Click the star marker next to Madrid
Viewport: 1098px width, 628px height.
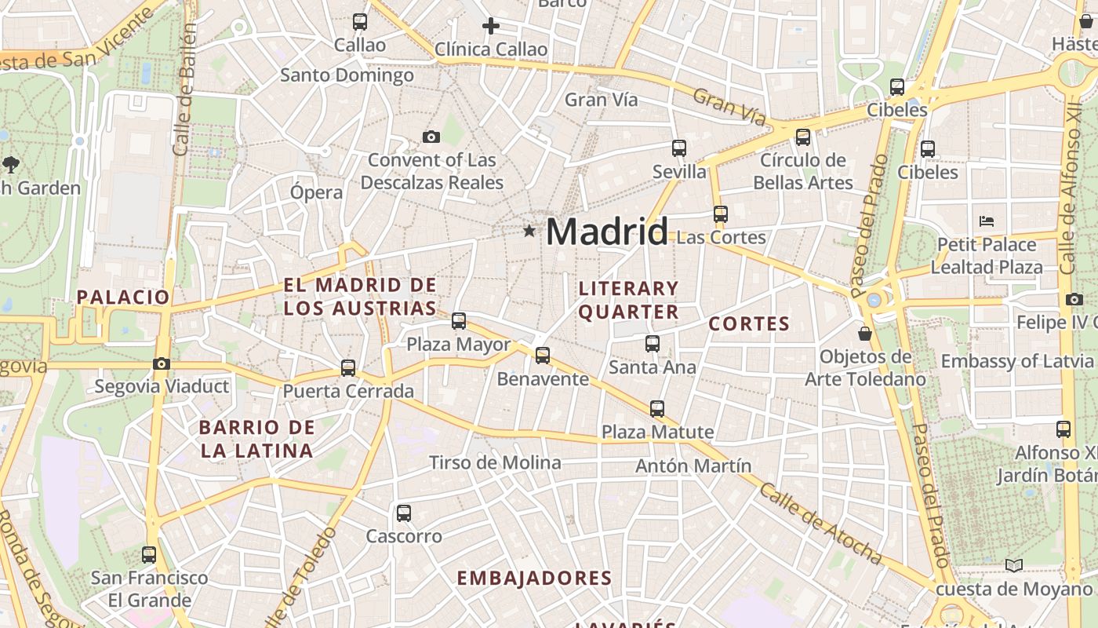pyautogui.click(x=529, y=231)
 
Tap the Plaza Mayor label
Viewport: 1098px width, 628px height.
pyautogui.click(x=458, y=345)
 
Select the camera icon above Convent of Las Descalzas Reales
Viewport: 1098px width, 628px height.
pyautogui.click(x=431, y=137)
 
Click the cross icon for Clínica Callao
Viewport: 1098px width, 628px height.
pyautogui.click(x=491, y=26)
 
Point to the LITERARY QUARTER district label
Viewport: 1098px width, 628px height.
pyautogui.click(x=628, y=300)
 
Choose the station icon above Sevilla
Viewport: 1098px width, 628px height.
pyautogui.click(x=679, y=148)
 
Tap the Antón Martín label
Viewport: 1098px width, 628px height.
pyautogui.click(x=693, y=466)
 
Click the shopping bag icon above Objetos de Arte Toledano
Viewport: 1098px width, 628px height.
pyautogui.click(x=865, y=334)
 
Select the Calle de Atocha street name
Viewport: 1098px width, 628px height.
pyautogui.click(x=820, y=524)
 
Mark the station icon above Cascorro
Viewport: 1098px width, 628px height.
pyautogui.click(x=404, y=513)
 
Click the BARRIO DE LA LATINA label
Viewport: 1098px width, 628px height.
pyautogui.click(x=256, y=440)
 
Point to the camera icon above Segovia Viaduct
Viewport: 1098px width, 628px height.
pyautogui.click(x=162, y=363)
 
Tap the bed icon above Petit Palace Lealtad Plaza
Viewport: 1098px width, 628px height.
pyautogui.click(x=987, y=221)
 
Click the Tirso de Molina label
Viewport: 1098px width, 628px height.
pyautogui.click(x=495, y=463)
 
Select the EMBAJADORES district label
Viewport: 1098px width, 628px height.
pyautogui.click(x=534, y=579)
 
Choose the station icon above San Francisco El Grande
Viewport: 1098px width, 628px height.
pyautogui.click(x=149, y=554)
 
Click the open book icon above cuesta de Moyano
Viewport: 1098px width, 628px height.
pyautogui.click(x=1014, y=565)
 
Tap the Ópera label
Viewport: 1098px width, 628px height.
pyautogui.click(x=316, y=192)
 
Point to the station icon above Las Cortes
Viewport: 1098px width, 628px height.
pyautogui.click(x=720, y=214)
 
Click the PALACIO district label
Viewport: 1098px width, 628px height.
pyautogui.click(x=123, y=297)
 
